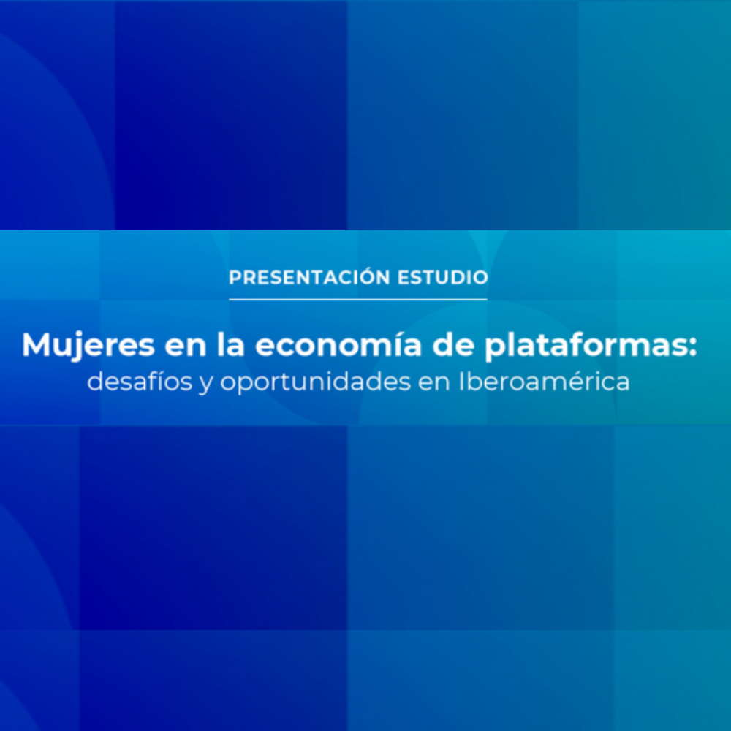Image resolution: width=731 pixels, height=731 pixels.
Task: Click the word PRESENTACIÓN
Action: [x=309, y=277]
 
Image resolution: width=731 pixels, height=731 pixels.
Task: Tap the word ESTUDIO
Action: [x=443, y=277]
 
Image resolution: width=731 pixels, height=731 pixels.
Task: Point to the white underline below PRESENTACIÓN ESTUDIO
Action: [x=358, y=299]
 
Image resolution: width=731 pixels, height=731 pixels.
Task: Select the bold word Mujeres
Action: [x=88, y=346]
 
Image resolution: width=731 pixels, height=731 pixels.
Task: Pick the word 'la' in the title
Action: [x=230, y=345]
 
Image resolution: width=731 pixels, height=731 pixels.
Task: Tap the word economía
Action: [x=338, y=345]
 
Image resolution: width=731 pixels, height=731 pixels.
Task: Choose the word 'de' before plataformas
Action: [x=453, y=345]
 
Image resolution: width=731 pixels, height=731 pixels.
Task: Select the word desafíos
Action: [x=140, y=381]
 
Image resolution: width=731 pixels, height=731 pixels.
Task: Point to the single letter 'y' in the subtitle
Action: [x=206, y=385]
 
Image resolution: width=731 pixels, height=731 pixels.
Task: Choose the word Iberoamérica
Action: [x=544, y=381]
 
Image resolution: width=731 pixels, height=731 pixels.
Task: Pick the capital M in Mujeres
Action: [x=37, y=345]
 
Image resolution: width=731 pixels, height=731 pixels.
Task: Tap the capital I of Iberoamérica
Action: [x=461, y=382]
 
